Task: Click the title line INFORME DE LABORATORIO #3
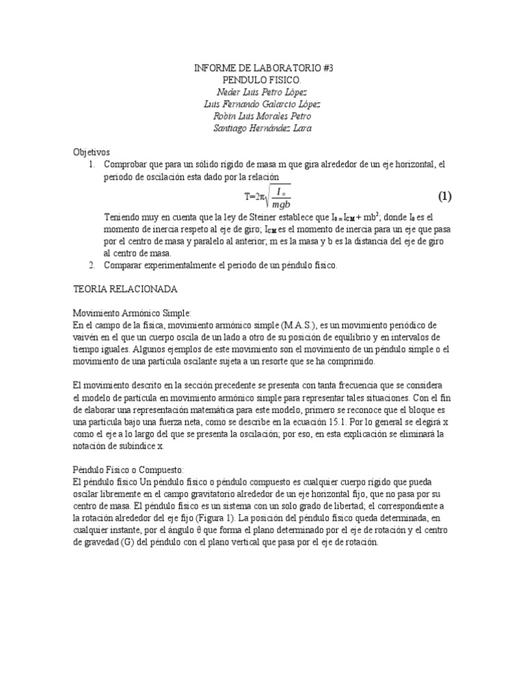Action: (262, 69)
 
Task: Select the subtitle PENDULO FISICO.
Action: (262, 81)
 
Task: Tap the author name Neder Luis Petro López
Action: (262, 92)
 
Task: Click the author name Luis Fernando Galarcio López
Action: (262, 104)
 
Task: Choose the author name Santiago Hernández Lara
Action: (262, 128)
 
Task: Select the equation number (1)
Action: (444, 197)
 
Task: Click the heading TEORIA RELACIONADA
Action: (125, 289)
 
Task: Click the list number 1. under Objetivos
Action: (93, 165)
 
